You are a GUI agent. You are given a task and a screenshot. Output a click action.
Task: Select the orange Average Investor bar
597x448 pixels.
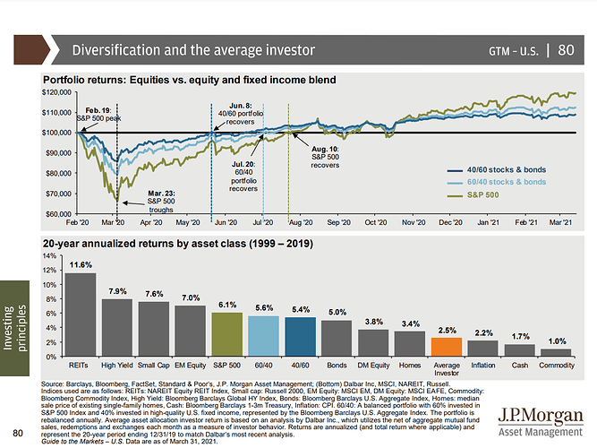446,347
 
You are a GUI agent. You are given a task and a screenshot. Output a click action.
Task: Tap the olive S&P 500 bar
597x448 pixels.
226,334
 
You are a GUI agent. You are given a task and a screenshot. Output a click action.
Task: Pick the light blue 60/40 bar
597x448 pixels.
263,337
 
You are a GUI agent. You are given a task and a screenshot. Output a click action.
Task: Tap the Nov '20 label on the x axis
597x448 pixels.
413,223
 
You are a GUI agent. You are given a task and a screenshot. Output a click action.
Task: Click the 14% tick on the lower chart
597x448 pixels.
62,256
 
